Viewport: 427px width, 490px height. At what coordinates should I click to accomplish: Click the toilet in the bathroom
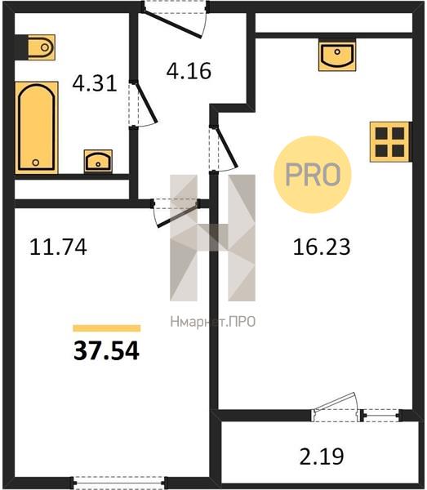coord(42,47)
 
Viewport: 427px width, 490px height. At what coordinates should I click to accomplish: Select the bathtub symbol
coord(37,127)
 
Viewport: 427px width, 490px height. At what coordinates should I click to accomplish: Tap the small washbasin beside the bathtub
coord(98,161)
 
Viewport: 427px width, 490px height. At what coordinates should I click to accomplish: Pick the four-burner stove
coord(389,142)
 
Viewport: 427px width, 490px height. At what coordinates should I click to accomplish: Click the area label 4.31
coord(95,83)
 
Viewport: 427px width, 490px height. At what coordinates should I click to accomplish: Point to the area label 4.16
coord(189,70)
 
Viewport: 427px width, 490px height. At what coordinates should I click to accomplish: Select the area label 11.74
coord(58,247)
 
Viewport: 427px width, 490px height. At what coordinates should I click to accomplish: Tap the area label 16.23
coord(322,247)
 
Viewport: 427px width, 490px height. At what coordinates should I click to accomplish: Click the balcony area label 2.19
coord(322,456)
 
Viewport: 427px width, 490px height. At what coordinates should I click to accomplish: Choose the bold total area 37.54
coord(106,350)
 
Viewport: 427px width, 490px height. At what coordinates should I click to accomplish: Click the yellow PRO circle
coord(313,175)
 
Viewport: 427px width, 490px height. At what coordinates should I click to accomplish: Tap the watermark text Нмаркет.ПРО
coord(213,322)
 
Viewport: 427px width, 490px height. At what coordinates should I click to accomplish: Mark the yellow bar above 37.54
coord(106,327)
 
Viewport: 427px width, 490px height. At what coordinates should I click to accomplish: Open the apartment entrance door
coord(175,20)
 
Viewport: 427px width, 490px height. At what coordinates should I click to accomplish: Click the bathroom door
coord(142,104)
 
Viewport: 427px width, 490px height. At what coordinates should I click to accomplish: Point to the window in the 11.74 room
coord(120,483)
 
